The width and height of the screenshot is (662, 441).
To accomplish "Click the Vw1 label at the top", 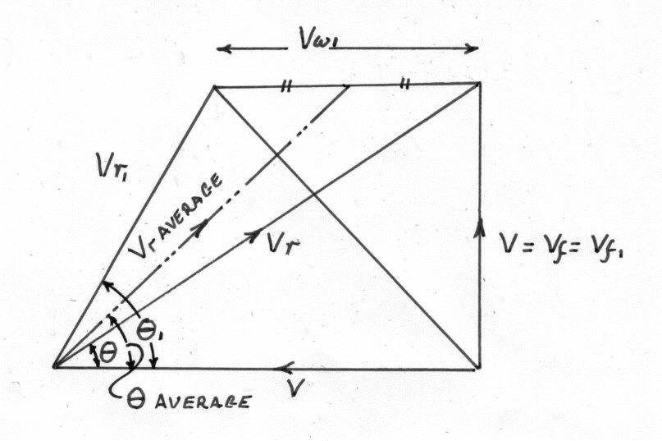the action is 320,38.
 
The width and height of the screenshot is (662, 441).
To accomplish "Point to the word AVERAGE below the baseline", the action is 202,401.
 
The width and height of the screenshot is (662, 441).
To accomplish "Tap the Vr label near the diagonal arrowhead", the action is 284,244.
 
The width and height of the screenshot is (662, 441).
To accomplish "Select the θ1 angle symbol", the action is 147,331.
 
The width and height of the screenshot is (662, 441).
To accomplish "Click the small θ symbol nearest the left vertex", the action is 107,353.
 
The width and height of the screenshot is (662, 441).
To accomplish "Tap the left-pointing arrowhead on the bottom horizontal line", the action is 284,368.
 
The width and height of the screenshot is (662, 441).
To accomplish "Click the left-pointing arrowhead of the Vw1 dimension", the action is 225,49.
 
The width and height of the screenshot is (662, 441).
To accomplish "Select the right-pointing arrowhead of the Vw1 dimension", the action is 471,48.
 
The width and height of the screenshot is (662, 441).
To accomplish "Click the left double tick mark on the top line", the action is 286,86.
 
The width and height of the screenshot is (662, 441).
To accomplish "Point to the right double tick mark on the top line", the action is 404,84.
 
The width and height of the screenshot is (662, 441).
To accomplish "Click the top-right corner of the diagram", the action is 479,83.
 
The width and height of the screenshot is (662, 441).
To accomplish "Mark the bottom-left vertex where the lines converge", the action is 55,366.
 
